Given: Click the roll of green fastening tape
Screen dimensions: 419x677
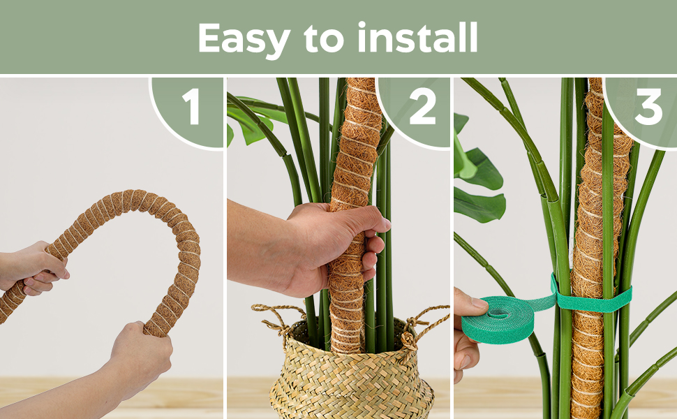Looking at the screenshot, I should (497, 319).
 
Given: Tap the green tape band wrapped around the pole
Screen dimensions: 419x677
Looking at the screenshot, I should (593, 300).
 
